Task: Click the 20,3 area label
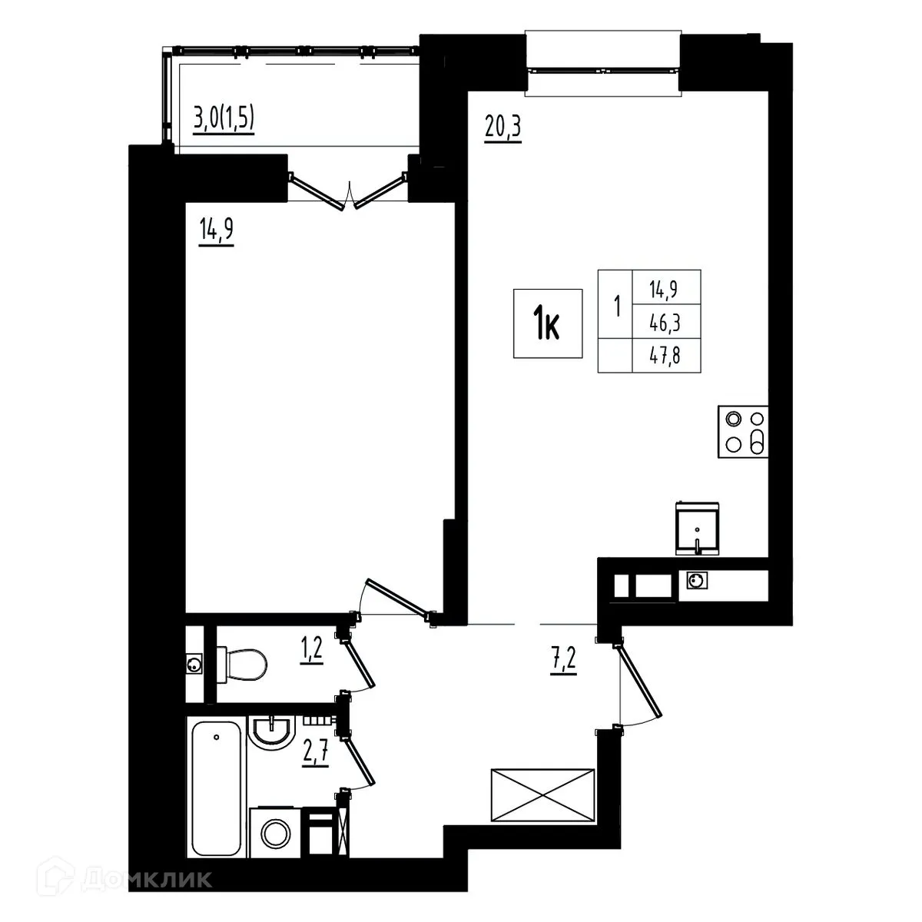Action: (x=503, y=125)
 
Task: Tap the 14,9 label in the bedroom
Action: (x=216, y=230)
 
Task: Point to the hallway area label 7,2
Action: (x=563, y=658)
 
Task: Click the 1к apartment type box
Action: (x=548, y=323)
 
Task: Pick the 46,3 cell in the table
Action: (x=665, y=324)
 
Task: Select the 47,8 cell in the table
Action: (x=665, y=358)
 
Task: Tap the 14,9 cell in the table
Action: (x=665, y=289)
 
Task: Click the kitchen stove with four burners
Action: (x=743, y=432)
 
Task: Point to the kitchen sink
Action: (x=697, y=527)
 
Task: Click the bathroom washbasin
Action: (x=272, y=729)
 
